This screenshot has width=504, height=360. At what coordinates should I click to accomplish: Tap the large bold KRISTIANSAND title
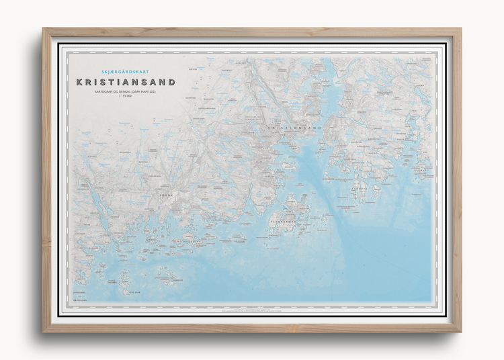[126, 83]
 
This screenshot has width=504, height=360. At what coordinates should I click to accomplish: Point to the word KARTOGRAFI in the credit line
[107, 93]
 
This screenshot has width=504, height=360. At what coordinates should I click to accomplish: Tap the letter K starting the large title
[80, 83]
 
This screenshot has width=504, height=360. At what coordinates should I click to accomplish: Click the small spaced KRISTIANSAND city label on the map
[294, 127]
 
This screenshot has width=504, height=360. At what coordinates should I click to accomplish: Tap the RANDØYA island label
[361, 190]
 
